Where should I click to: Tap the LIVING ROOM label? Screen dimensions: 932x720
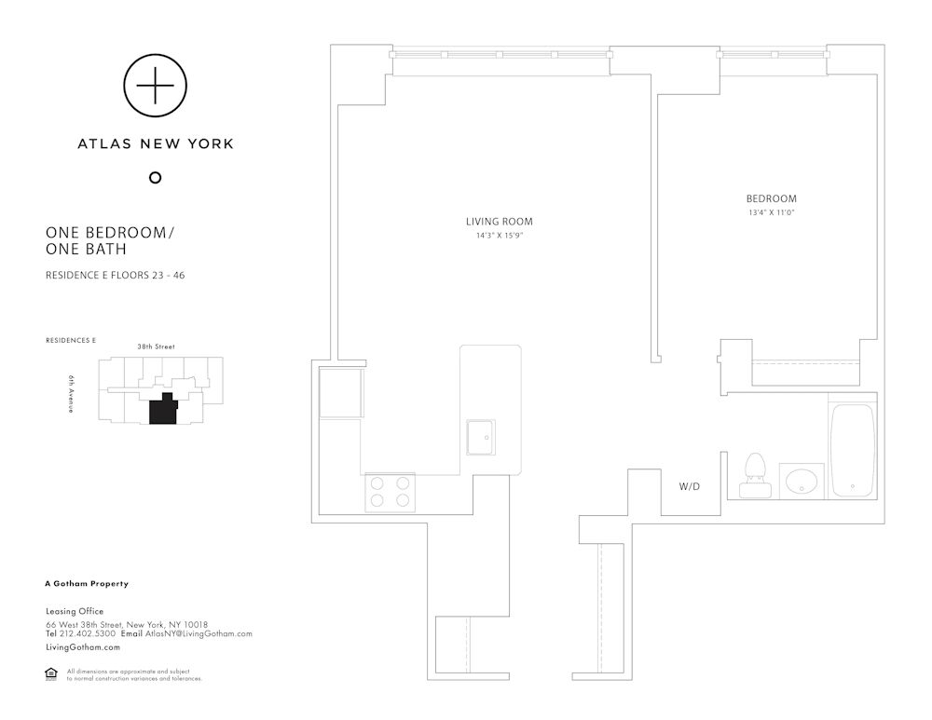tap(500, 222)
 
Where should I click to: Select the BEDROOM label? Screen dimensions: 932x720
tap(772, 199)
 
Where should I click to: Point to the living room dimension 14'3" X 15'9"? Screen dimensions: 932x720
tap(500, 236)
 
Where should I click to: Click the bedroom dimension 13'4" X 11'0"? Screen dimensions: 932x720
tap(772, 212)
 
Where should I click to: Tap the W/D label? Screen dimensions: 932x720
tap(690, 486)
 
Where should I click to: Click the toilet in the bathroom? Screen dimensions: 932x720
tap(755, 475)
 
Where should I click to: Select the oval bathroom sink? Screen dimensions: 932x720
tap(802, 481)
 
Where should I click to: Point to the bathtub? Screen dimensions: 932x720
tap(853, 450)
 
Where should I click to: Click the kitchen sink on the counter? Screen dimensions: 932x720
tap(481, 437)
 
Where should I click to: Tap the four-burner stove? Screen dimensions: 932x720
tap(390, 492)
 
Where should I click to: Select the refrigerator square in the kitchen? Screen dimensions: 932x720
tap(341, 393)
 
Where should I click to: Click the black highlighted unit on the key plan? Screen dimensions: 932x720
tap(163, 409)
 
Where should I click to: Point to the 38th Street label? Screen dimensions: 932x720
tap(157, 346)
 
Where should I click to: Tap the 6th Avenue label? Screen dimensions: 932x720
tap(71, 394)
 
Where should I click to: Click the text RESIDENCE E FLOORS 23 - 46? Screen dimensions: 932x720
tap(116, 275)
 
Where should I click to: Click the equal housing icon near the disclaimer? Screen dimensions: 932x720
tap(51, 673)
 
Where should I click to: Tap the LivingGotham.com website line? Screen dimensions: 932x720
tap(83, 647)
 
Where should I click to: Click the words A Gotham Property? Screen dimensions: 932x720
tap(87, 583)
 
